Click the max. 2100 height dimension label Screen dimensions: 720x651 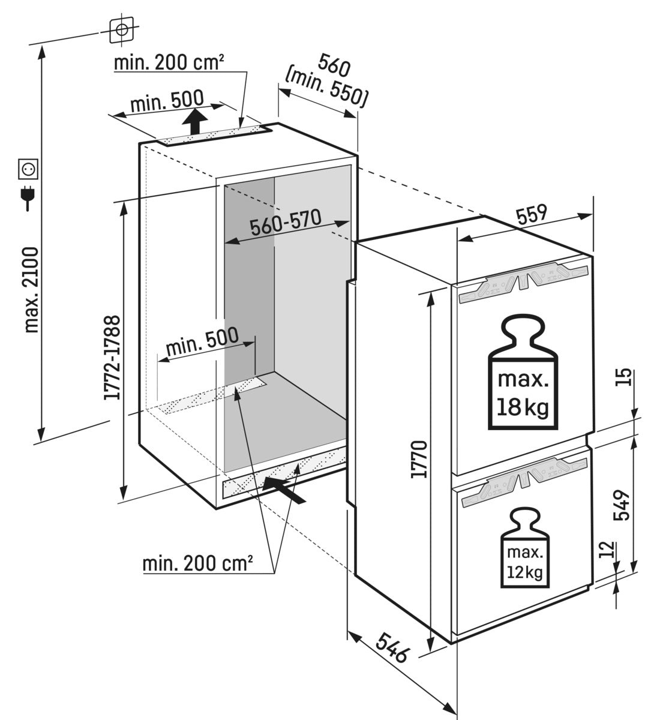[31, 290]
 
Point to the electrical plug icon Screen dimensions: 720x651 [28, 197]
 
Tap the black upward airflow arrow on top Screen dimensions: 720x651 [194, 123]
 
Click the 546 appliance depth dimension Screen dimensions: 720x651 [392, 645]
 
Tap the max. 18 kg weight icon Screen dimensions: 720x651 [521, 375]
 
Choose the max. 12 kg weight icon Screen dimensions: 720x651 [526, 548]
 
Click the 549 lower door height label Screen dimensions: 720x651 [622, 505]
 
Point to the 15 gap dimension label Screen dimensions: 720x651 [623, 378]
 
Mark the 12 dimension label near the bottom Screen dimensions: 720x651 [607, 550]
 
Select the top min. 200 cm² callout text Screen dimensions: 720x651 [169, 62]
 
